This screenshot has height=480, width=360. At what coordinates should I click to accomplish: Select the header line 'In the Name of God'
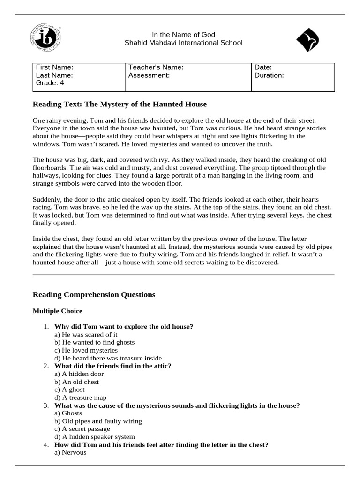(x=183, y=34)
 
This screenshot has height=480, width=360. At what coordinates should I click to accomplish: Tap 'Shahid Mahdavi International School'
(x=183, y=43)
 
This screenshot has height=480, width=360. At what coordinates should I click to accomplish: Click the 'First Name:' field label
(x=55, y=67)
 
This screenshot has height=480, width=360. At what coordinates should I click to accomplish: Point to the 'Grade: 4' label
(x=50, y=83)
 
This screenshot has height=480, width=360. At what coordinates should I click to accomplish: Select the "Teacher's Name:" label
(x=156, y=67)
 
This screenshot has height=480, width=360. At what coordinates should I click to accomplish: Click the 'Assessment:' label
(x=149, y=75)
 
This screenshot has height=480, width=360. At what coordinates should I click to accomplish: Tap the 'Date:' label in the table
(x=263, y=67)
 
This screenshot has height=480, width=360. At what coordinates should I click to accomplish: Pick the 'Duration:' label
(x=269, y=75)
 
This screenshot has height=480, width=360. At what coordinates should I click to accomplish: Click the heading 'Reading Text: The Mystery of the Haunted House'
(x=120, y=104)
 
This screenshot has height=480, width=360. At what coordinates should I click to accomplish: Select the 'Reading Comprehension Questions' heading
(x=94, y=295)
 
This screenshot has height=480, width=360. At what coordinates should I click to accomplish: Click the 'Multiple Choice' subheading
(x=57, y=311)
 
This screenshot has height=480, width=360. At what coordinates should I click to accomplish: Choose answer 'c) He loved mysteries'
(x=86, y=350)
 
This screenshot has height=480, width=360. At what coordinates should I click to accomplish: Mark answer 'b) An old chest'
(x=77, y=382)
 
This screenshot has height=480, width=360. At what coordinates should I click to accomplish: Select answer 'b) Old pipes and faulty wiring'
(x=98, y=421)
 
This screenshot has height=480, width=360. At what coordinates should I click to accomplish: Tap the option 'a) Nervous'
(x=70, y=453)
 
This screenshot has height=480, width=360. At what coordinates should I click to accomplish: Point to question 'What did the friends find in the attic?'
(x=113, y=366)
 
